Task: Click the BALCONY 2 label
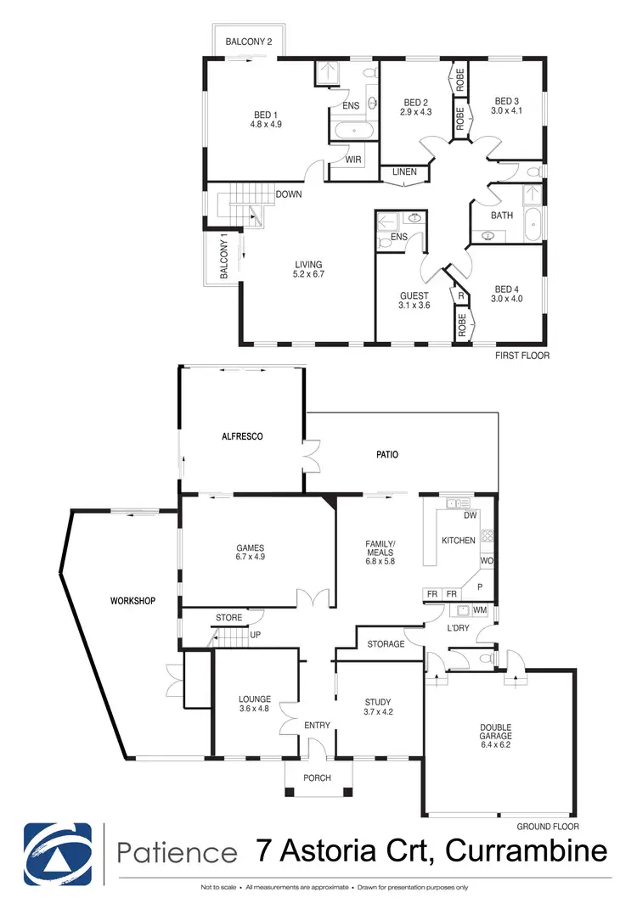(249, 42)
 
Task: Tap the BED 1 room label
(265, 115)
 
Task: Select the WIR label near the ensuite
(354, 160)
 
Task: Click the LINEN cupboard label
(404, 173)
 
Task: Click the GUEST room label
(415, 296)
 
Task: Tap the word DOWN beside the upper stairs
(289, 194)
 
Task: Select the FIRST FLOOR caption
(521, 356)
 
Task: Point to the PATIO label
(386, 455)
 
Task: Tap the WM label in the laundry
(479, 610)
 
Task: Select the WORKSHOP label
(133, 601)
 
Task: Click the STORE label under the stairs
(228, 618)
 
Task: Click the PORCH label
(317, 778)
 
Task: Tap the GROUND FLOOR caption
(548, 826)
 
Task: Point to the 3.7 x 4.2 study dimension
(378, 713)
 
